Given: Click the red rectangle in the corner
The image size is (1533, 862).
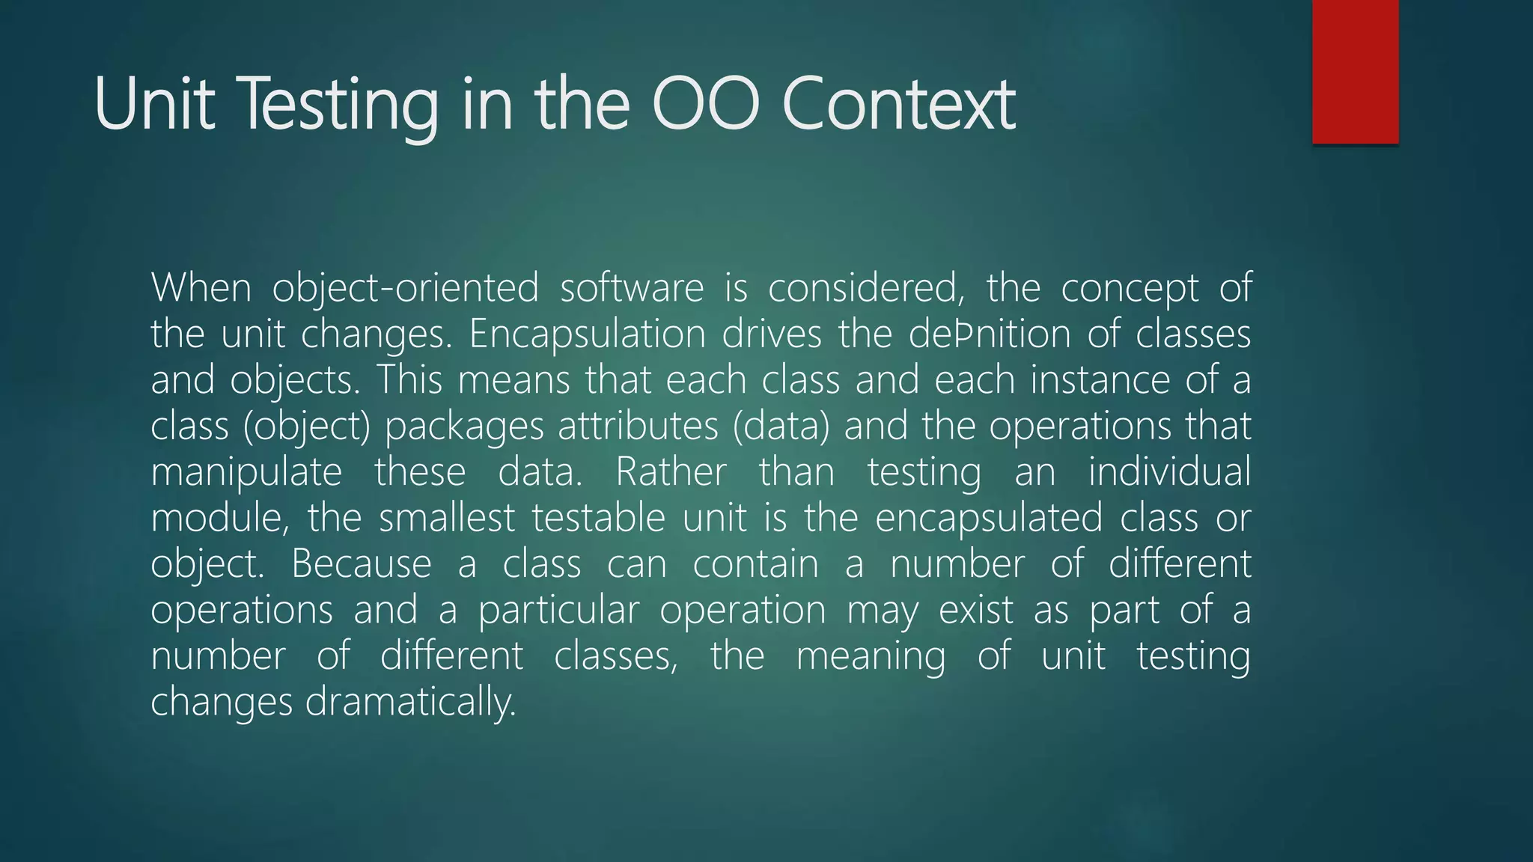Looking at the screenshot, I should point(1355,71).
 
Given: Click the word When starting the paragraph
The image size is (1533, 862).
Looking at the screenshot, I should point(201,288).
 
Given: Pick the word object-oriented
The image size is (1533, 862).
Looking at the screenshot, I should point(405,288).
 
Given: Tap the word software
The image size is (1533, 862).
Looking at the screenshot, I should point(632,288).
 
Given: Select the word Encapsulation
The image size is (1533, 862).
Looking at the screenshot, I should point(587,334).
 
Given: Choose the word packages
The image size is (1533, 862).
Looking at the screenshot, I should point(464,427).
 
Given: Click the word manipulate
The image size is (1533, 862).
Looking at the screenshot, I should point(246,473).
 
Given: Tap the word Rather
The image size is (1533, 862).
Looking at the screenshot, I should point(671,473).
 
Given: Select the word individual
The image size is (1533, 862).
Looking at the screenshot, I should point(1169,473).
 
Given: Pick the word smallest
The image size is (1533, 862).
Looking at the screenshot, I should point(447,519).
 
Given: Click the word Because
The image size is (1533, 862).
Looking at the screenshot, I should point(361,564).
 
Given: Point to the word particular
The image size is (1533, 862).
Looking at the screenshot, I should point(558,611).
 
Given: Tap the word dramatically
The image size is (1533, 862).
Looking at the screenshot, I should point(411,703).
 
